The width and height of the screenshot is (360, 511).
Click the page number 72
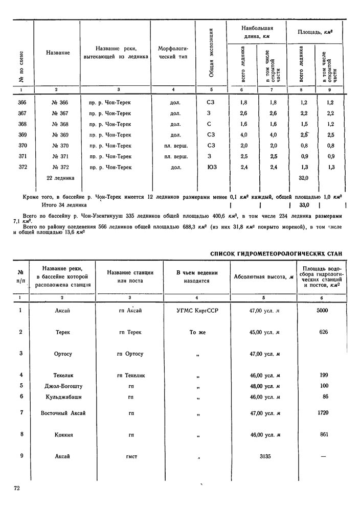(x=17, y=489)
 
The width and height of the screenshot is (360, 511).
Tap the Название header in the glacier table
(x=57, y=53)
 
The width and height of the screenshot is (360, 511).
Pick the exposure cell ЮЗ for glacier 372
(x=211, y=167)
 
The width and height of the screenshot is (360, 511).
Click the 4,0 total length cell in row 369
(x=243, y=135)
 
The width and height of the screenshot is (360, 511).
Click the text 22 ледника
(x=60, y=178)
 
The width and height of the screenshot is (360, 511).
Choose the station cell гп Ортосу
(x=130, y=354)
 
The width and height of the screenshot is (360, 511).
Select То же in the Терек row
(x=197, y=332)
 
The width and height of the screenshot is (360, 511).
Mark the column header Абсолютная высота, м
(x=263, y=277)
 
